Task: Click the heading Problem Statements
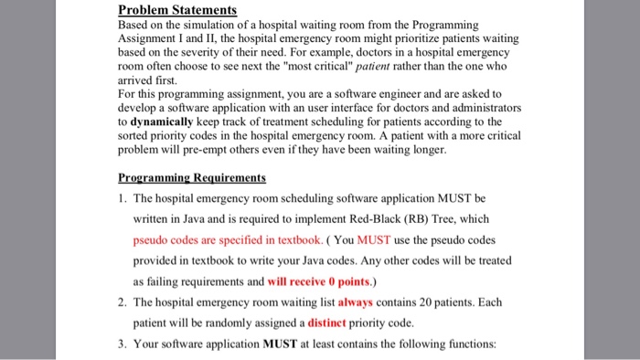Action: pyautogui.click(x=177, y=10)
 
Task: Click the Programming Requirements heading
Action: pyautogui.click(x=192, y=177)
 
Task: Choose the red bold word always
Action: pyautogui.click(x=356, y=302)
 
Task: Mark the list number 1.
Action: pyautogui.click(x=122, y=197)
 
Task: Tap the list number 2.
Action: pyautogui.click(x=122, y=302)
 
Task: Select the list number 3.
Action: pyautogui.click(x=122, y=344)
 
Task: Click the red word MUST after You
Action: pyautogui.click(x=377, y=239)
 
